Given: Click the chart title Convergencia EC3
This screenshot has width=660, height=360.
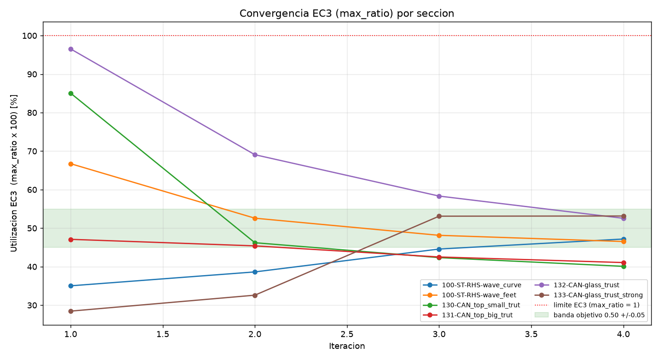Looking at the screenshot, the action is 347,13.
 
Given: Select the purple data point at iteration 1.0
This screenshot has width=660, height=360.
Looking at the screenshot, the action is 71,49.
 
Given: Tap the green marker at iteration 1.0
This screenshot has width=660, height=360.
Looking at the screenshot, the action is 71,94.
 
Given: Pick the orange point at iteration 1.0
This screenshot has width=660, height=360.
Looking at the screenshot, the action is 71,164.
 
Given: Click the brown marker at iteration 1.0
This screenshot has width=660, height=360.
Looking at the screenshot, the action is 71,312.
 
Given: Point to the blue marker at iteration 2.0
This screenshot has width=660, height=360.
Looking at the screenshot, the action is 255,272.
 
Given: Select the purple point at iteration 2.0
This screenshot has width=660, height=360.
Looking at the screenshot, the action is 255,155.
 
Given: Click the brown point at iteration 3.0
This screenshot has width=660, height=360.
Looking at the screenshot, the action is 439,216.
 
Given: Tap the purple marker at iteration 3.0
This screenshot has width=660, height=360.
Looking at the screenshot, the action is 439,196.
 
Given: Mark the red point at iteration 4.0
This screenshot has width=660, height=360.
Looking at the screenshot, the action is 624,263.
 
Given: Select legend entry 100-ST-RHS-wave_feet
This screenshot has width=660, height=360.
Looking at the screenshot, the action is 469,295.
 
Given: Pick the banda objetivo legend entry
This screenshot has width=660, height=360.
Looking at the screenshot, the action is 589,315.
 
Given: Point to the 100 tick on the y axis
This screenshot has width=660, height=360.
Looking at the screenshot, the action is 30,36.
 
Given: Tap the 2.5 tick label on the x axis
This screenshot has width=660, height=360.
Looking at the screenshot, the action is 347,334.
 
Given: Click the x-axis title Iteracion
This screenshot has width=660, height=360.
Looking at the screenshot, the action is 347,346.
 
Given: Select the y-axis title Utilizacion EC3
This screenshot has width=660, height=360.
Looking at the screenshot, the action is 14,173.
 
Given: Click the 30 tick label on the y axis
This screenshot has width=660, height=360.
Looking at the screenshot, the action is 32,306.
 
